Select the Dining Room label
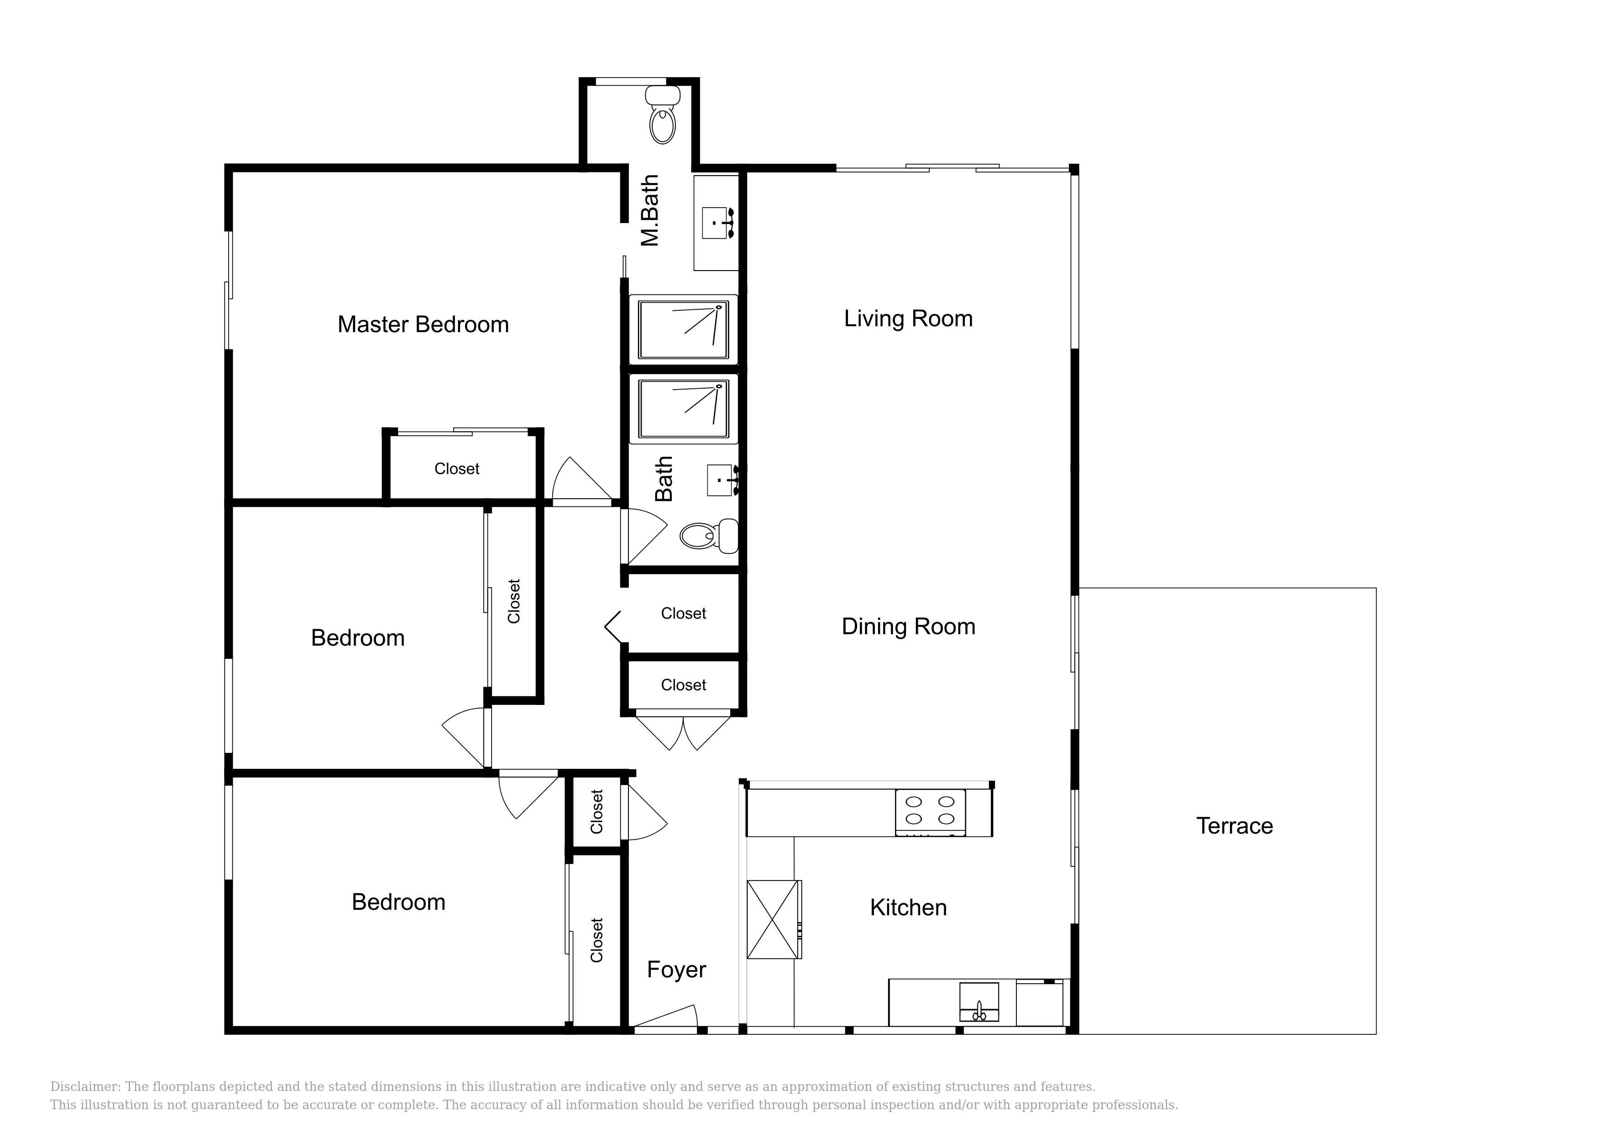click(x=909, y=626)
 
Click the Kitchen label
click(x=909, y=908)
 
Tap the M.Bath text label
click(x=650, y=210)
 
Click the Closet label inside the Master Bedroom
click(x=457, y=469)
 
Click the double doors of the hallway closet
click(x=683, y=732)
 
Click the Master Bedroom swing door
click(x=582, y=481)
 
